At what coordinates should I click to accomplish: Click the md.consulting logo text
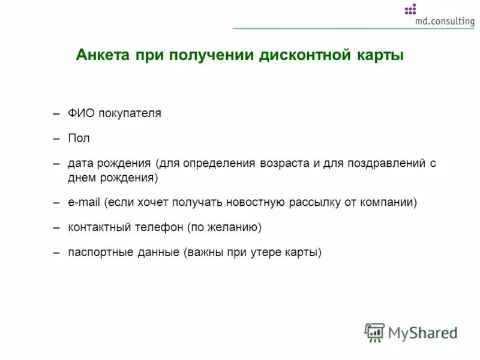pos(444,21)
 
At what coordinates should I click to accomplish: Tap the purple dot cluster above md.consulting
pos(410,9)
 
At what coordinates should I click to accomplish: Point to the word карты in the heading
pos(379,55)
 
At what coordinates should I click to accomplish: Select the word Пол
pos(78,139)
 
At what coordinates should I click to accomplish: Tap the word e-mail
pos(84,203)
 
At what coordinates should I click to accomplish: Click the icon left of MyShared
pos(374,332)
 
